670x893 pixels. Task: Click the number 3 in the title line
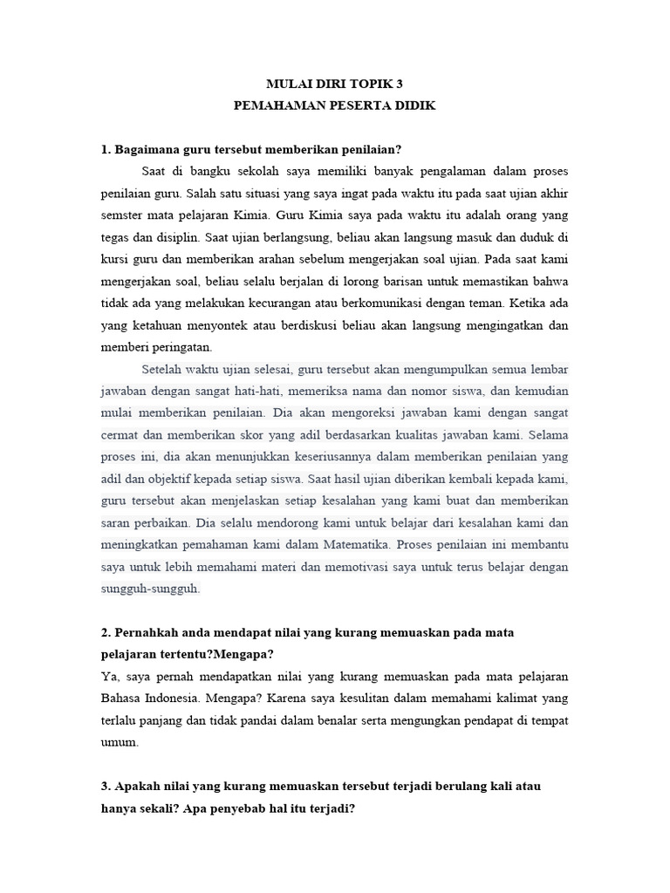[x=400, y=84]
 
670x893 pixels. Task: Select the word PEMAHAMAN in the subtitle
[x=273, y=106]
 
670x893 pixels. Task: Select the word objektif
[x=175, y=479]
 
